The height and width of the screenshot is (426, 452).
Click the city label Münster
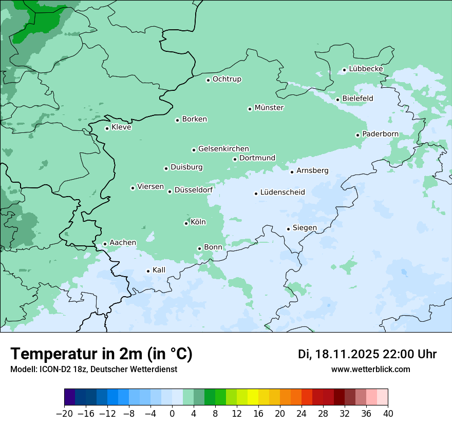[x=269, y=108]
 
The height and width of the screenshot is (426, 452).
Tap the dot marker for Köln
[x=186, y=223]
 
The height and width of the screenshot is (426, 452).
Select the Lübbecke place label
[x=366, y=69]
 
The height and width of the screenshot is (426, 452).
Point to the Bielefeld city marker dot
[x=338, y=100]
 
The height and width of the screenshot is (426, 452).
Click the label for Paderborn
[x=380, y=134]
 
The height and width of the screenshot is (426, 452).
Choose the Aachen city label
[x=123, y=243]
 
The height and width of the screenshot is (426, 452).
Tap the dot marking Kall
[x=148, y=271]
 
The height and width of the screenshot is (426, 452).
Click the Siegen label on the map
[x=305, y=228]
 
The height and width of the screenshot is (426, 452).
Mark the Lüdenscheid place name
[x=282, y=192]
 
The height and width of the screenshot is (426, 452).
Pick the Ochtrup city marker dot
[x=208, y=80]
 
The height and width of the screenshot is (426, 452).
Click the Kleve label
[x=121, y=127]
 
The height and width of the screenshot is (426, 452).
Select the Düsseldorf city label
[x=194, y=190]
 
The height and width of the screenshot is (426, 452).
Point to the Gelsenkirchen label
[x=223, y=149]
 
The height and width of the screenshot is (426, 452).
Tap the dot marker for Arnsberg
[x=292, y=172]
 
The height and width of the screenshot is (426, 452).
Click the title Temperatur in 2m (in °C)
[x=101, y=354]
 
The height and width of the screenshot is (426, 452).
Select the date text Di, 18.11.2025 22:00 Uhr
[x=367, y=354]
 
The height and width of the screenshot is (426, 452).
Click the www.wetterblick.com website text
[x=371, y=369]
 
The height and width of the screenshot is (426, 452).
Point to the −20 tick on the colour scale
[x=64, y=414]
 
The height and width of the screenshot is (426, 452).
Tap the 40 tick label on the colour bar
[x=388, y=414]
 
